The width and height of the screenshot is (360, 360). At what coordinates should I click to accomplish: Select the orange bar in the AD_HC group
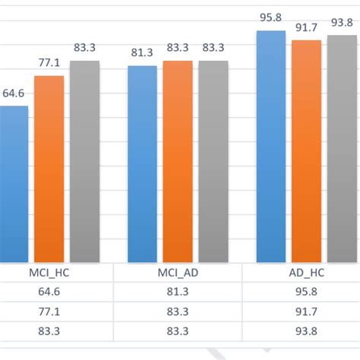click(x=307, y=151)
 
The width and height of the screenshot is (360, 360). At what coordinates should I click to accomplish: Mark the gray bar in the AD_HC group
click(x=342, y=149)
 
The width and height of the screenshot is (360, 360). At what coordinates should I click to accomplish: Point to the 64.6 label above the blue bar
click(x=14, y=94)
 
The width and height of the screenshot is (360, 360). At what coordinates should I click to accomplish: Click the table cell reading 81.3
click(x=178, y=292)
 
